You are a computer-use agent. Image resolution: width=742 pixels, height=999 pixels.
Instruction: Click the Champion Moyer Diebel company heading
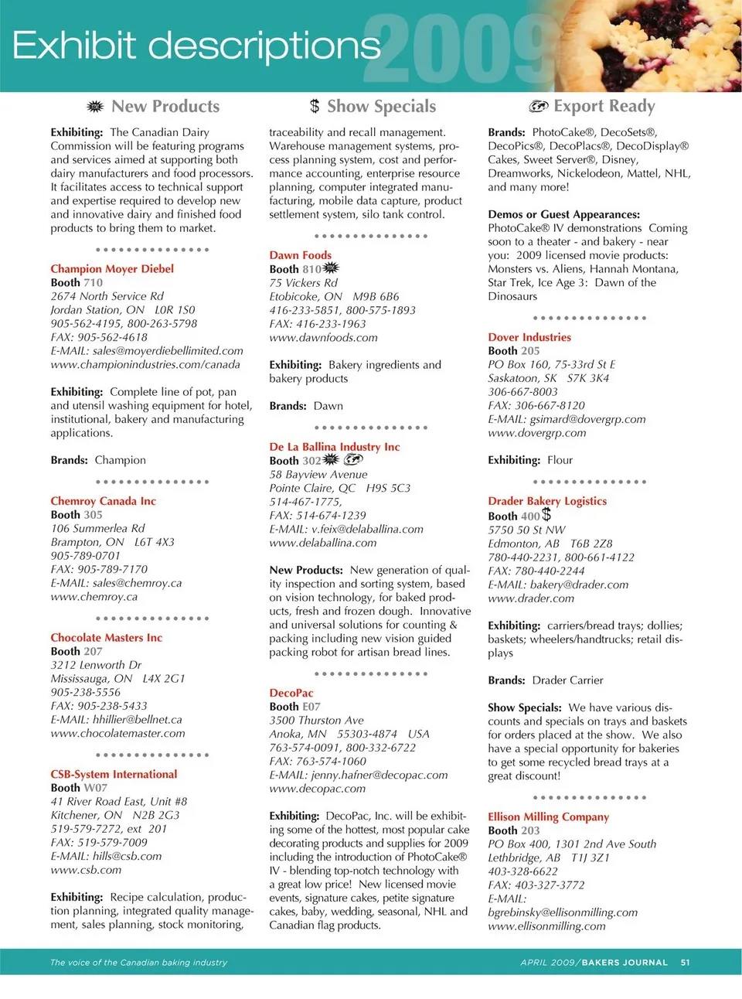[112, 269]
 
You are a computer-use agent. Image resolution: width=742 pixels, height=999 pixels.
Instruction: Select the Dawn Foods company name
[300, 255]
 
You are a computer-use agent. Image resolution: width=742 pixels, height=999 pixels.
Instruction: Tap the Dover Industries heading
[529, 337]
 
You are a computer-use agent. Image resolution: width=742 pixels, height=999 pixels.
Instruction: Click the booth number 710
[93, 283]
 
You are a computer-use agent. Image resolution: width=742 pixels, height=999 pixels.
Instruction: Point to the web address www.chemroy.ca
[94, 597]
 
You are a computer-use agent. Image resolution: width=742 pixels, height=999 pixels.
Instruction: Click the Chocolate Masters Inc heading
[106, 638]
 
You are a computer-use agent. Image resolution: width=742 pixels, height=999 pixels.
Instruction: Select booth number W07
[95, 788]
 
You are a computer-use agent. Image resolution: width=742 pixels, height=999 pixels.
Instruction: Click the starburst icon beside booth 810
[331, 268]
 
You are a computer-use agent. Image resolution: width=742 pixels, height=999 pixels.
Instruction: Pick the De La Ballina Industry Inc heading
[334, 447]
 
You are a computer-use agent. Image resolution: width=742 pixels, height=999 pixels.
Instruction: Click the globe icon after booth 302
[353, 460]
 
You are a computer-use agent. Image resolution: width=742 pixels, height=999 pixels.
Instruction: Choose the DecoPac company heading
[291, 694]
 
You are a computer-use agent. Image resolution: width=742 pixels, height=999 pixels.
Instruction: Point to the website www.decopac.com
[317, 789]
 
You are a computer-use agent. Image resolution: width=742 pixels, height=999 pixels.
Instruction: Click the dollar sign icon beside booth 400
[546, 514]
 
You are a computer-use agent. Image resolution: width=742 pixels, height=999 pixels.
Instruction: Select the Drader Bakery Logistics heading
[547, 501]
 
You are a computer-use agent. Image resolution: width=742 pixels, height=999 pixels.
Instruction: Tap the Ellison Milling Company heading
[548, 817]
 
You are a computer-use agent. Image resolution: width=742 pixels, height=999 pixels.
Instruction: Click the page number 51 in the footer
[685, 963]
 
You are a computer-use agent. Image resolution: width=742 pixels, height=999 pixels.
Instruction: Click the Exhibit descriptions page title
[196, 46]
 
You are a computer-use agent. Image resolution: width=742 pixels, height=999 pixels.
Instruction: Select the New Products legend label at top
[165, 107]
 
